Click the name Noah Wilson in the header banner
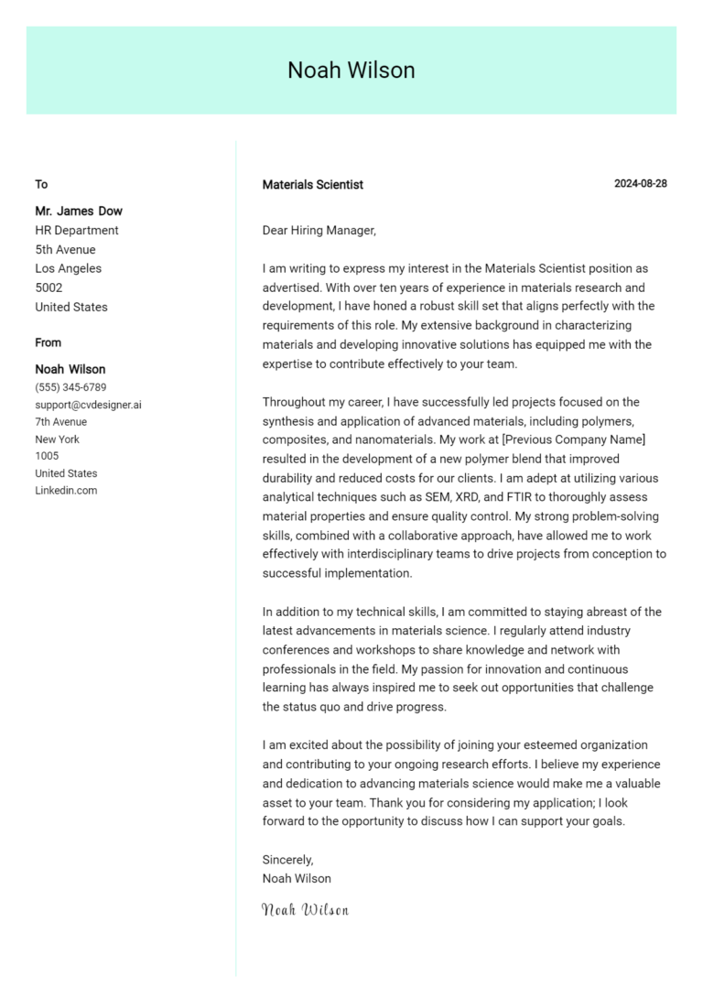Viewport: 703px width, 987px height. click(351, 70)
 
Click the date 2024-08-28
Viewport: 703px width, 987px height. click(640, 184)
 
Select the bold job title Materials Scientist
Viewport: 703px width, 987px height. click(312, 185)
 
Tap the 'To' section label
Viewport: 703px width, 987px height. click(41, 185)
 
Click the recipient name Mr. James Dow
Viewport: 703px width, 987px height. click(79, 211)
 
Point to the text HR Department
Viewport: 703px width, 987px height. click(77, 231)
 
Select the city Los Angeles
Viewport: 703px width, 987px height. click(69, 269)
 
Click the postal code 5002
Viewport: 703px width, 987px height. click(49, 287)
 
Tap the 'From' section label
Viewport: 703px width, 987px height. click(49, 343)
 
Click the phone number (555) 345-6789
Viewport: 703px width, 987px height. click(70, 387)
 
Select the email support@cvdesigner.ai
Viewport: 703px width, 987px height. click(88, 405)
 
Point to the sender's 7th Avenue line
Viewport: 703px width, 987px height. click(61, 422)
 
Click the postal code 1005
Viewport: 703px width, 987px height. click(47, 456)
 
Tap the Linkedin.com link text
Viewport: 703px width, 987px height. click(66, 491)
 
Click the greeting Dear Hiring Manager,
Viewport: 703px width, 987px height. click(319, 231)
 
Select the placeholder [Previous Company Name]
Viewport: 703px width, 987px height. click(574, 440)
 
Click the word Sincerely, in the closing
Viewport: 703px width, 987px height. click(287, 860)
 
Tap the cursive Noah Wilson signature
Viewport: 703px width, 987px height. click(305, 910)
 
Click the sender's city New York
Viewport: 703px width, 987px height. click(57, 439)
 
